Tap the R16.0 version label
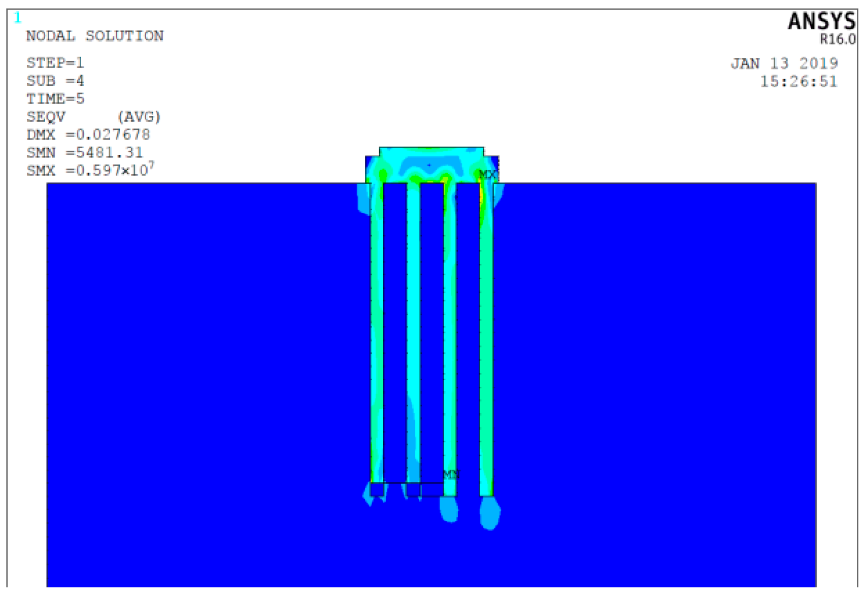(x=837, y=39)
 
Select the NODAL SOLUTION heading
(x=95, y=36)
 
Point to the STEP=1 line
(x=55, y=62)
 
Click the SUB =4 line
(x=55, y=81)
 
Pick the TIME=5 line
(x=55, y=98)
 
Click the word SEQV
(x=46, y=116)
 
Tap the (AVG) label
(x=139, y=116)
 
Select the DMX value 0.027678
(x=113, y=135)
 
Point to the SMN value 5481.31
(x=110, y=152)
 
